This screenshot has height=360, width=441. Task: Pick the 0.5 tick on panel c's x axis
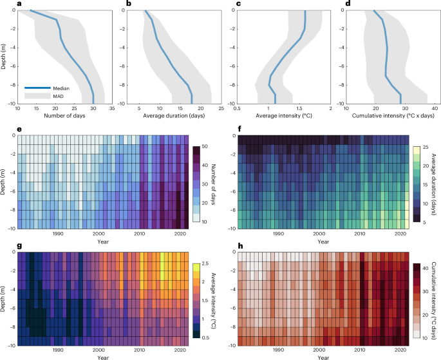(238, 108)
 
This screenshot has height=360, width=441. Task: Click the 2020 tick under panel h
(399, 350)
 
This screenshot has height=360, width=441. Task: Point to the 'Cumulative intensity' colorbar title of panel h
(435, 300)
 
